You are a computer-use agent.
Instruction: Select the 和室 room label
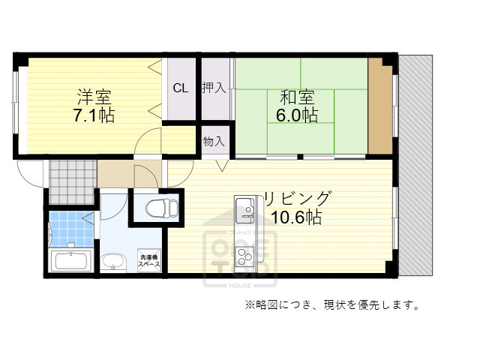(297, 97)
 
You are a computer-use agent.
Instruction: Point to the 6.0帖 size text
(297, 116)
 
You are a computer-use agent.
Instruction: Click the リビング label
(297, 199)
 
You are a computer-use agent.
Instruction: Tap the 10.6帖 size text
(297, 218)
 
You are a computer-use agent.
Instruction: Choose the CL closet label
(181, 88)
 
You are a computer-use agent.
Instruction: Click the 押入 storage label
(214, 88)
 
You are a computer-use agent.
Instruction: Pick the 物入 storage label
(214, 140)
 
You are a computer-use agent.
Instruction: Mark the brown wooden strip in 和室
(380, 105)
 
